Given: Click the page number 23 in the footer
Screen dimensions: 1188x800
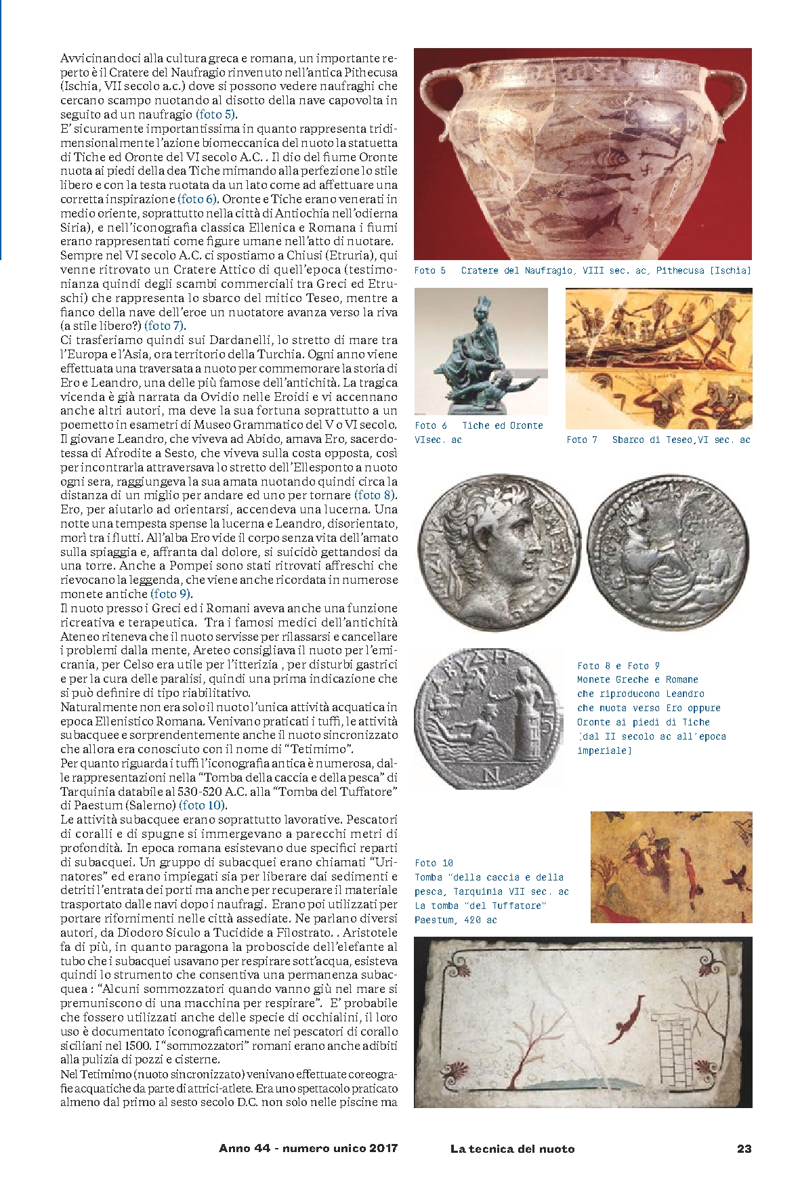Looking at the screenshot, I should [x=744, y=1148].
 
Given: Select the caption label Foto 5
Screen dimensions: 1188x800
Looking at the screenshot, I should [x=429, y=271].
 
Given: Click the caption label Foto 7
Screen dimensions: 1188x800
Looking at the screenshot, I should [x=582, y=440].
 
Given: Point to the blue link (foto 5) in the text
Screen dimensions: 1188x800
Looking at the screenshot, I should [x=216, y=114].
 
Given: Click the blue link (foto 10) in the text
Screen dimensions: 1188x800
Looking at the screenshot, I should [x=203, y=805].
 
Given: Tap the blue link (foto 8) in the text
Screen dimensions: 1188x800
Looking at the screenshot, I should [x=375, y=495].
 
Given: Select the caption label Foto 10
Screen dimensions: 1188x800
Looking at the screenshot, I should [x=434, y=863].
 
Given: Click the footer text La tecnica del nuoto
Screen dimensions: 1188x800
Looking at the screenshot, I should [x=512, y=1148].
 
